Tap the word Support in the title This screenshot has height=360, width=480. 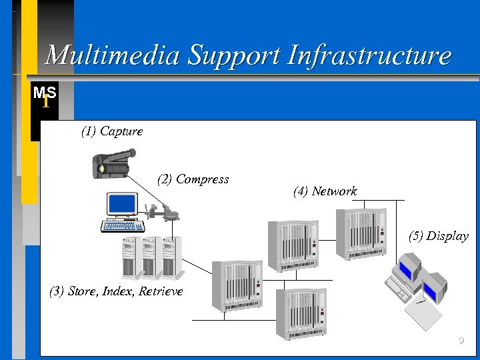click(231, 55)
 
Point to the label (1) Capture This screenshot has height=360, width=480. click(111, 131)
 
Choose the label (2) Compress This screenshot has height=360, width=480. click(193, 179)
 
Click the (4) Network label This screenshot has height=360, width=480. click(325, 192)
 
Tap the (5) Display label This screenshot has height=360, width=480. click(438, 236)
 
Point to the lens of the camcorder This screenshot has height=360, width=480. click(102, 169)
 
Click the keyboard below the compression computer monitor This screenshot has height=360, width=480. click(123, 225)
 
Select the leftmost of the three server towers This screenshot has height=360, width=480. click(129, 258)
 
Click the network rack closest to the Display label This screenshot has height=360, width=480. click(360, 233)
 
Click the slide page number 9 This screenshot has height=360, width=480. click(460, 342)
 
